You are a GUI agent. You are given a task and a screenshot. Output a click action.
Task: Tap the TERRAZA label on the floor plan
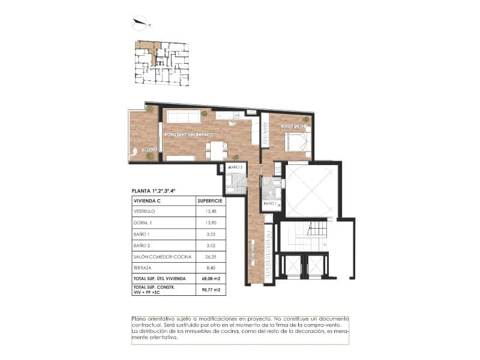[149, 149]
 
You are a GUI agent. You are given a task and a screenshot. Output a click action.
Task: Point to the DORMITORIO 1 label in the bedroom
[294, 126]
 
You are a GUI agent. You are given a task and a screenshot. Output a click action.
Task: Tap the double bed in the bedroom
[296, 142]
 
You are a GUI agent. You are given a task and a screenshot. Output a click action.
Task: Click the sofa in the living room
[184, 116]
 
